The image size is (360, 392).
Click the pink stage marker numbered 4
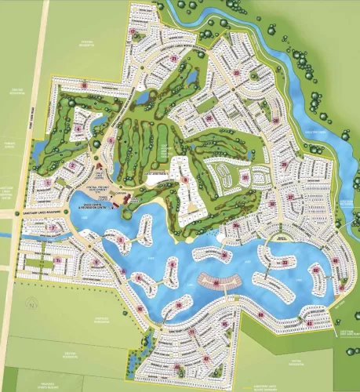pos(78,128)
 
